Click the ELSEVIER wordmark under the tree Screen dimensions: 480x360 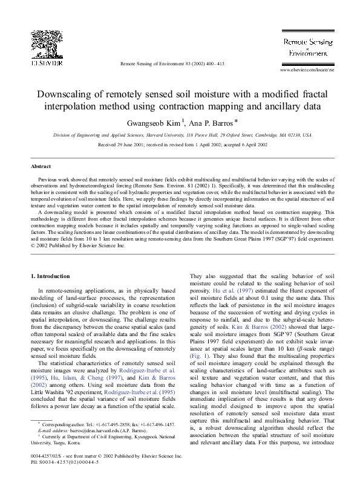47,61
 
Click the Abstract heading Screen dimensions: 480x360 42,166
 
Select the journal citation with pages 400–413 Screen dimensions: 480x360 172,63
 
